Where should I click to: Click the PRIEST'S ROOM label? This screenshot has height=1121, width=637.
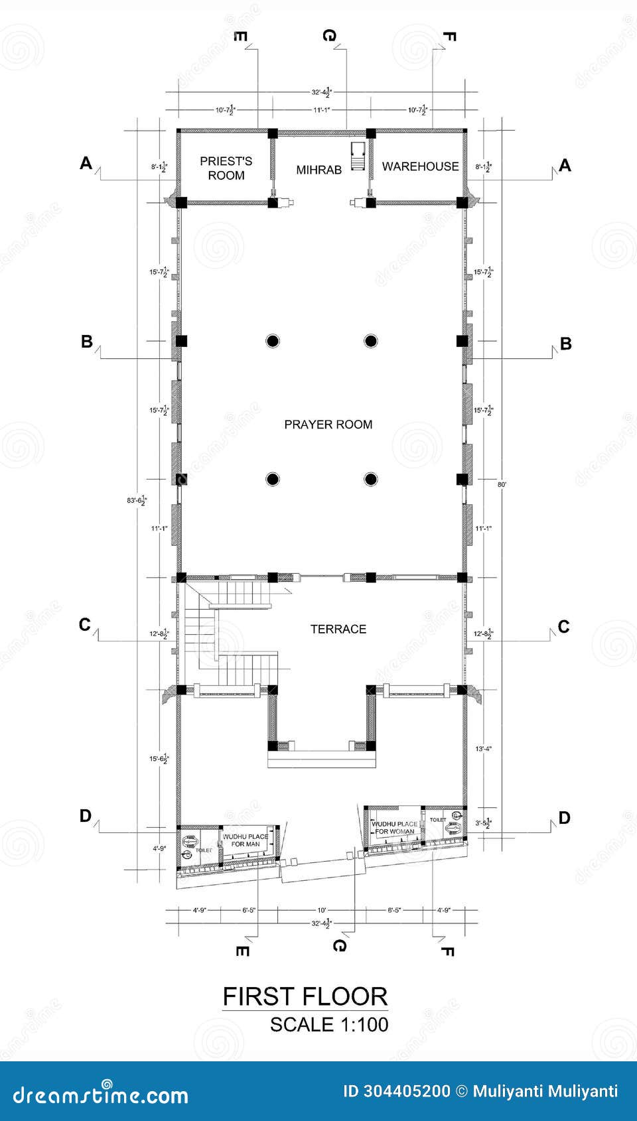point(226,168)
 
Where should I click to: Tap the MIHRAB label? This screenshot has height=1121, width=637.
point(318,170)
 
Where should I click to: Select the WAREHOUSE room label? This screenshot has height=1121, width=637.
point(420,166)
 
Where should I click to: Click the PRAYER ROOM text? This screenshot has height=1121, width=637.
point(328,425)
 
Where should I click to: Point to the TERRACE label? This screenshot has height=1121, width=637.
point(338,629)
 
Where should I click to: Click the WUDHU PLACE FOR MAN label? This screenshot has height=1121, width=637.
point(246,840)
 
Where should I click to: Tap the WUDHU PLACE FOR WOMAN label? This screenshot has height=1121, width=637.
point(394,827)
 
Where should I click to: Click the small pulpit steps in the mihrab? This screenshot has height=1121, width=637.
point(358,156)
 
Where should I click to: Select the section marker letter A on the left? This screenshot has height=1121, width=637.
point(86,163)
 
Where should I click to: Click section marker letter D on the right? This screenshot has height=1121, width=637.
point(564,818)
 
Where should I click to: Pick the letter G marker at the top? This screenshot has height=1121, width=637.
point(329,35)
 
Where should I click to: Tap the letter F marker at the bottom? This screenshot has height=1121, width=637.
point(447,951)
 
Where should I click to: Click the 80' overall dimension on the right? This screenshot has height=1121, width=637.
point(502,485)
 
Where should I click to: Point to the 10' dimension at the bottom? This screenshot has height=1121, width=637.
point(322,910)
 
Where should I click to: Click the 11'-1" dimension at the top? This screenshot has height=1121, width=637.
point(321,109)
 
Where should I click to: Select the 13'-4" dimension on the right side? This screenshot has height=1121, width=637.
point(484,749)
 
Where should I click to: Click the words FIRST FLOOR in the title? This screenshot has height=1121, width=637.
point(305,996)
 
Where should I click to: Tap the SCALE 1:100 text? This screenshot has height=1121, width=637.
point(329,1024)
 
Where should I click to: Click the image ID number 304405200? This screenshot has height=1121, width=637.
point(407,1091)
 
